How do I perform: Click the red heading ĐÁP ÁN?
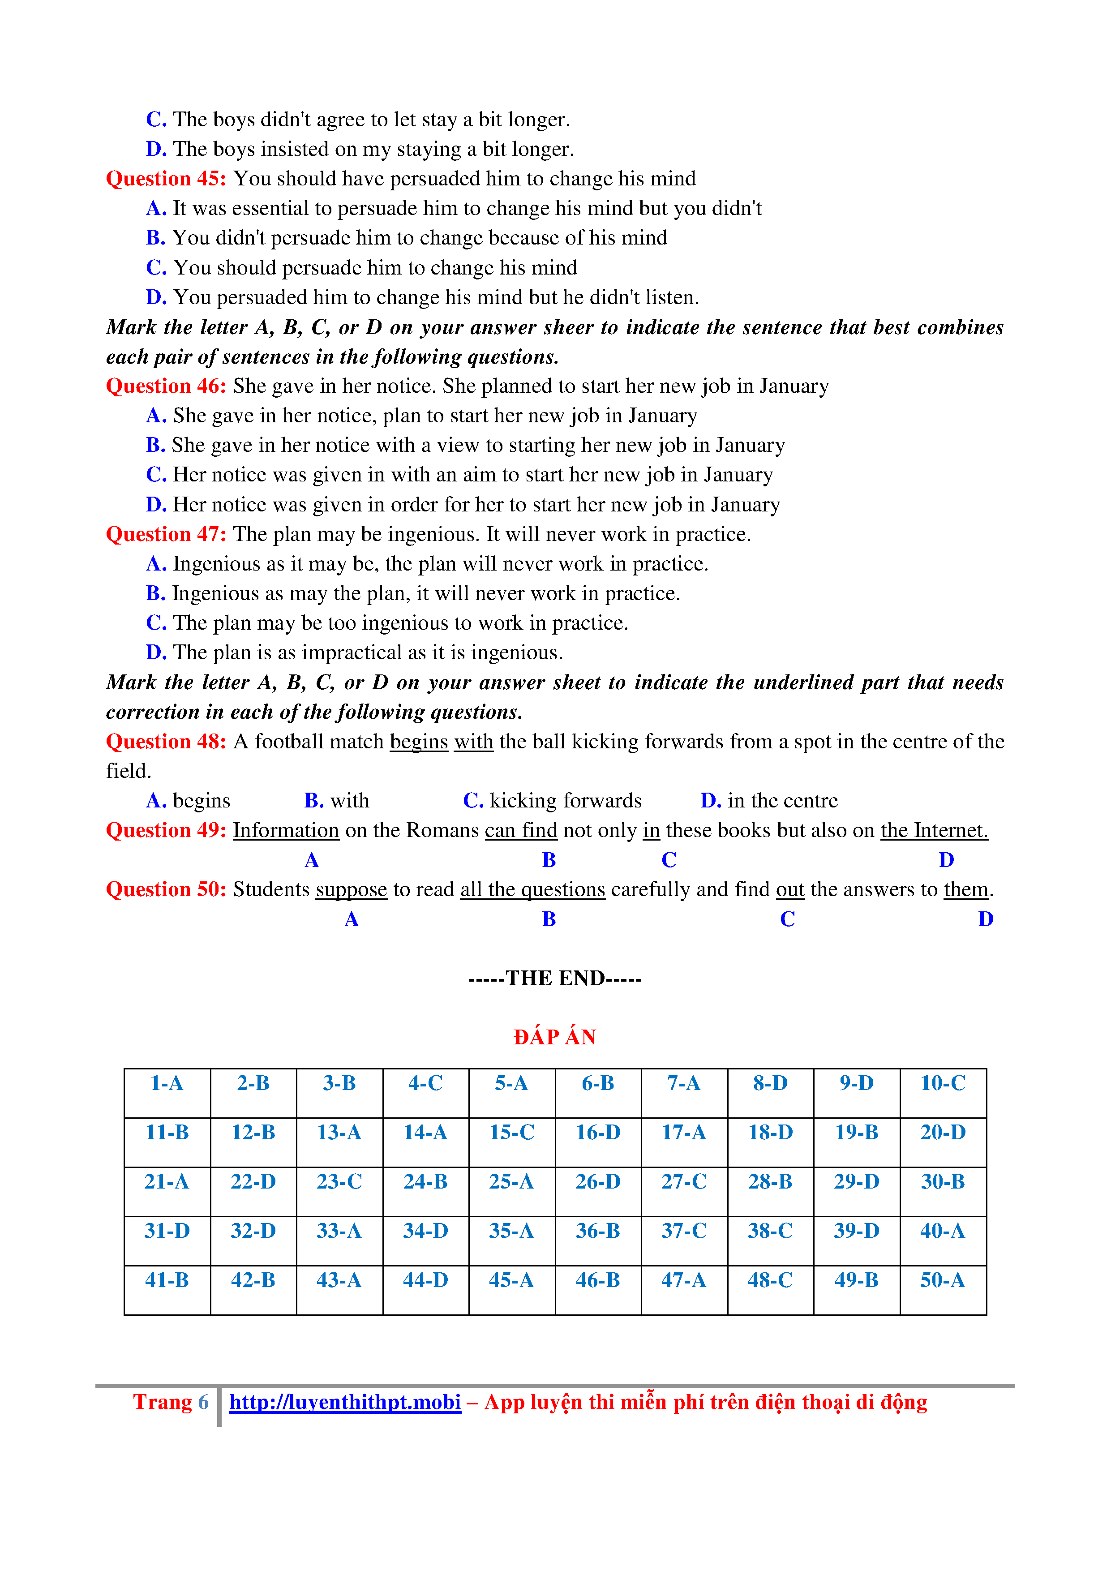coord(555,1037)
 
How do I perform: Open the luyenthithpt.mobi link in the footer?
coord(345,1403)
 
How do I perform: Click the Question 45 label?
coord(166,179)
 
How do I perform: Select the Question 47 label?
coord(166,534)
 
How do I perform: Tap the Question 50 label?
coord(166,889)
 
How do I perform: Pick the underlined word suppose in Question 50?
coord(351,889)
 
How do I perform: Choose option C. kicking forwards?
coord(552,801)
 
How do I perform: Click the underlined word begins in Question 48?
coord(419,742)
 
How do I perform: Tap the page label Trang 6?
coord(170,1403)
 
